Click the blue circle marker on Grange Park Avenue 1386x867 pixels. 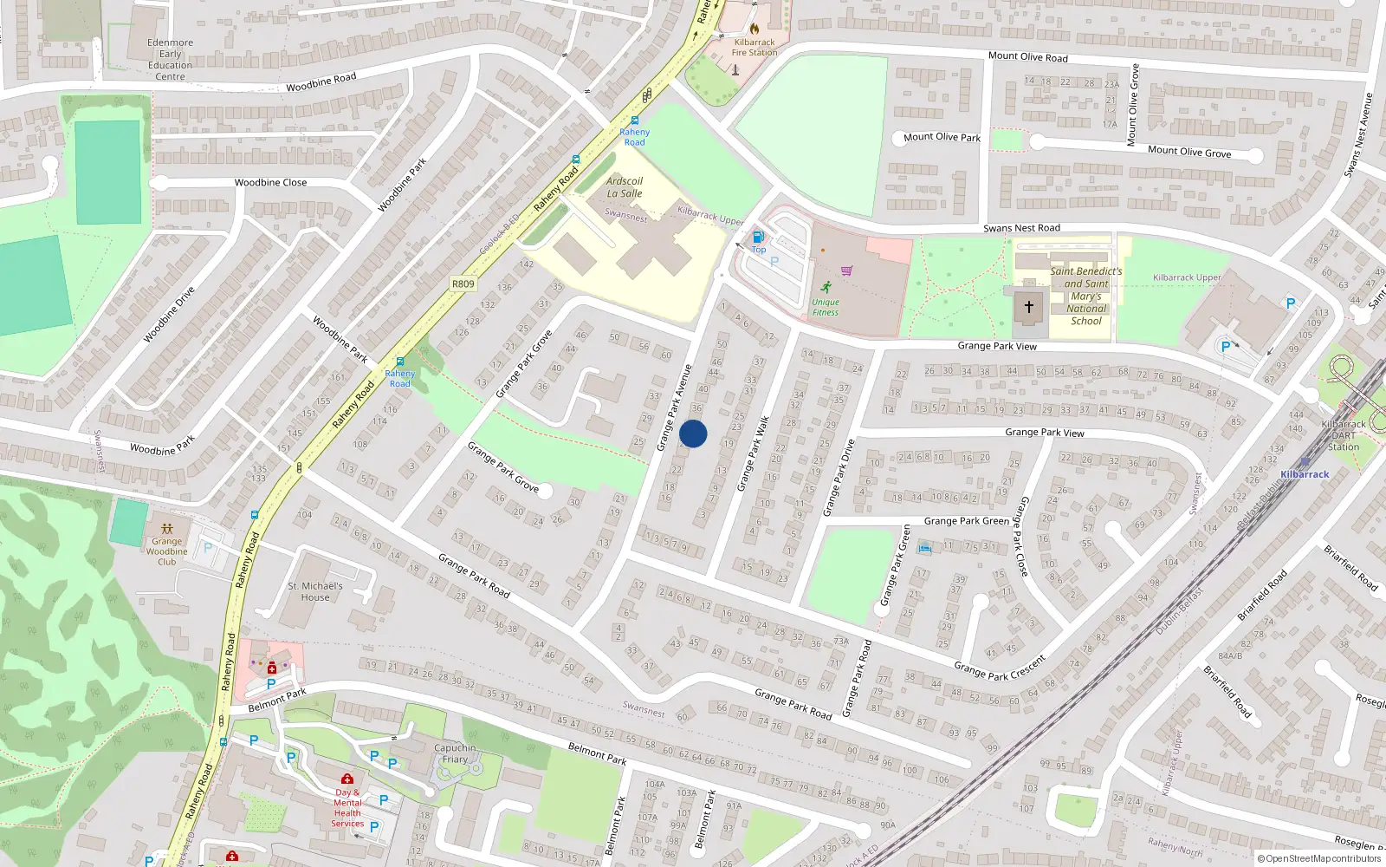coord(693,433)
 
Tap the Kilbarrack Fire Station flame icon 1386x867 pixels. coord(754,29)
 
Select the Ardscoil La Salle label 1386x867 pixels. coord(625,187)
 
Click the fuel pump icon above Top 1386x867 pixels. coord(758,237)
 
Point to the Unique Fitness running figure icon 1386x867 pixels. coord(826,287)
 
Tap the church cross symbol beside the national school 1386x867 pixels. coord(1029,306)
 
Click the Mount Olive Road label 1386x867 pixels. coord(1028,56)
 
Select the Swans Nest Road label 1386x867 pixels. coord(1021,228)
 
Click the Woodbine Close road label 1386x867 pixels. coord(270,182)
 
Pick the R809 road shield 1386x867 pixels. coord(463,284)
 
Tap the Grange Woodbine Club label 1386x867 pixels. coord(166,551)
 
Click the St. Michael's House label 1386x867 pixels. coord(315,591)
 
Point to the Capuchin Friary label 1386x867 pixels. coord(455,753)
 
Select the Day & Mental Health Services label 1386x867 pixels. coord(347,808)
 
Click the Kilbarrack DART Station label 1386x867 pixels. coord(1343,435)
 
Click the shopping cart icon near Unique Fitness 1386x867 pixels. coord(846,271)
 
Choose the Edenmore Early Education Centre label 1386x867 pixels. coord(171,59)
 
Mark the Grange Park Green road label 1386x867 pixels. coord(966,521)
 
